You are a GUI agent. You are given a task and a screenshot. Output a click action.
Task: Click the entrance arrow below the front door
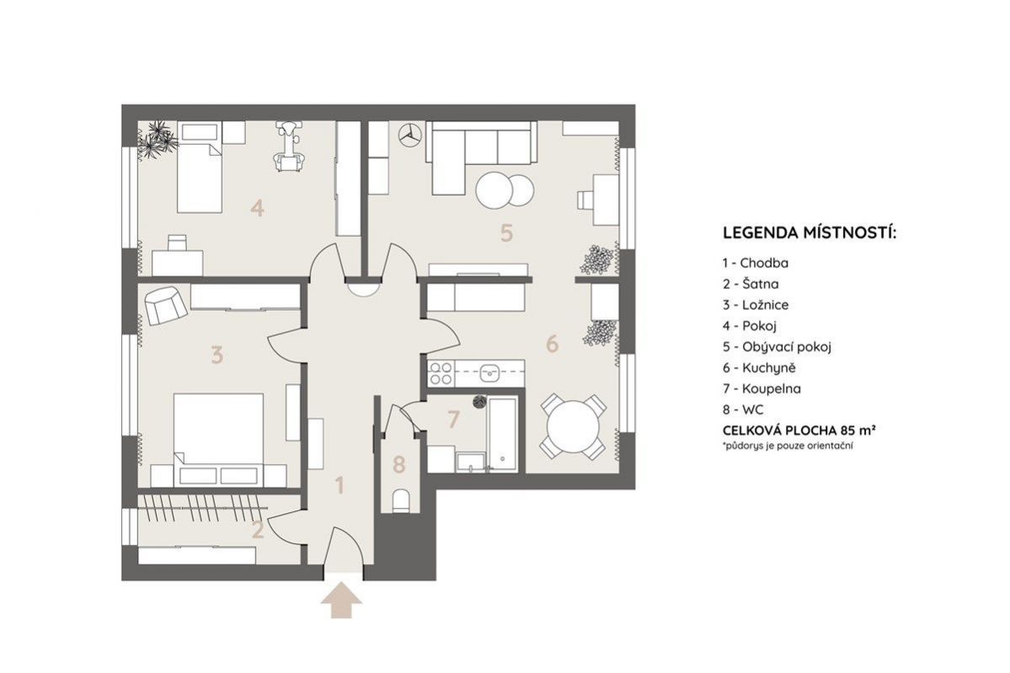pyautogui.click(x=341, y=601)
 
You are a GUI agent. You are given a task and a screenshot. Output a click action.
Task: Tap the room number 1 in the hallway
pyautogui.click(x=341, y=485)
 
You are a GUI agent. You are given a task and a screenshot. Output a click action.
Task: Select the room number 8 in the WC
pyautogui.click(x=398, y=464)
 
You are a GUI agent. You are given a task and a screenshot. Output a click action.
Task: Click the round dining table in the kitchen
pyautogui.click(x=573, y=427)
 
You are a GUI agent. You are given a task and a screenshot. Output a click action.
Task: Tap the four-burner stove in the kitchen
pyautogui.click(x=441, y=373)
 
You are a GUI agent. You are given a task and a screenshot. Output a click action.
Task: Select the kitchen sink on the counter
pyautogui.click(x=491, y=371)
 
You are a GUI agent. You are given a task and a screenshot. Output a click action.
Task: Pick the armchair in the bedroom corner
pyautogui.click(x=165, y=305)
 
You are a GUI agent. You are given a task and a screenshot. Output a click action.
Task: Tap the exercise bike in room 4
pyautogui.click(x=289, y=147)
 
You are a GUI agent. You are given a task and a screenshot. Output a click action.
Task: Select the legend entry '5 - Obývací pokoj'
pyautogui.click(x=777, y=347)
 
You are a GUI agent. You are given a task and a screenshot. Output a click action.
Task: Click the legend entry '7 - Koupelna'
pyautogui.click(x=762, y=389)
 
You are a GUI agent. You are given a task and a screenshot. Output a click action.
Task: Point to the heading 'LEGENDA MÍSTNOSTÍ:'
pyautogui.click(x=810, y=232)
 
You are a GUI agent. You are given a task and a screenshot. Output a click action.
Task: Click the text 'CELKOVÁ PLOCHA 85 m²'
pyautogui.click(x=799, y=430)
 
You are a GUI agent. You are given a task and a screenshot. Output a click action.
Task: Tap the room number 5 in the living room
pyautogui.click(x=507, y=232)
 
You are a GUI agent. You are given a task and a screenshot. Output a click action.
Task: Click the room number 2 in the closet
pyautogui.click(x=258, y=530)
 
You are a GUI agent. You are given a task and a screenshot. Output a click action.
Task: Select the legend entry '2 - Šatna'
pyautogui.click(x=751, y=284)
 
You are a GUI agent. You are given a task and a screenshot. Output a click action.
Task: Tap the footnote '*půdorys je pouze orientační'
pyautogui.click(x=787, y=446)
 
